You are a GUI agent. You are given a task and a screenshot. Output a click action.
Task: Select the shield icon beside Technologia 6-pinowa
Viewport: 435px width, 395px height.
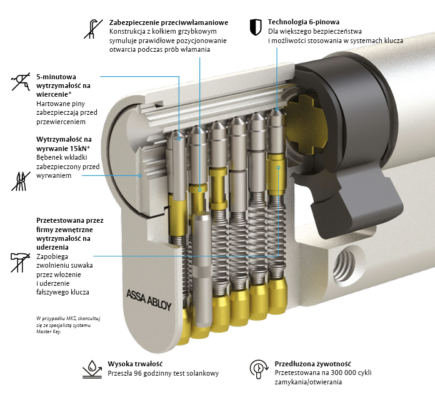coord(255,26)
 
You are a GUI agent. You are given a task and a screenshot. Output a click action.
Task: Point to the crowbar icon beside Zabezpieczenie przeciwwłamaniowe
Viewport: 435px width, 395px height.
coord(94,28)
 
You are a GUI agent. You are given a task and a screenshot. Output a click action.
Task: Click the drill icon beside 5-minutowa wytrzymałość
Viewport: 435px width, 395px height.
coord(21,81)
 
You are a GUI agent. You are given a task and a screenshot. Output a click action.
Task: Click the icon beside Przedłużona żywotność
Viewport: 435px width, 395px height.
coord(258,369)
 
